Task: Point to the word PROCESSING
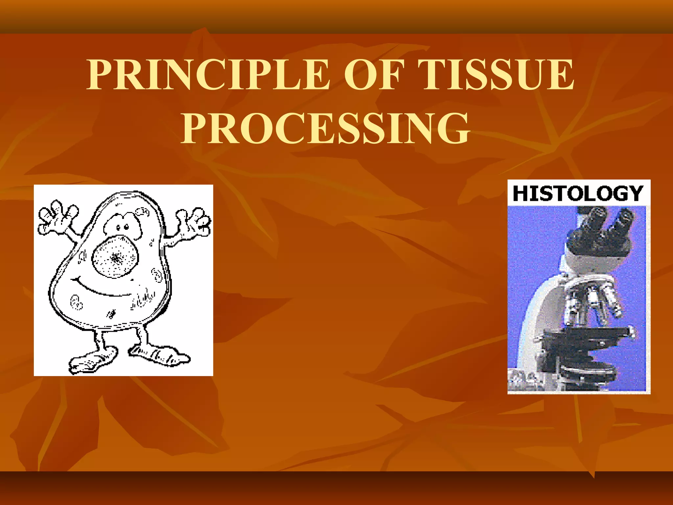coord(325,128)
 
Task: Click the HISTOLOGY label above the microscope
coord(578,193)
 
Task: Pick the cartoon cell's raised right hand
coord(194,222)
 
